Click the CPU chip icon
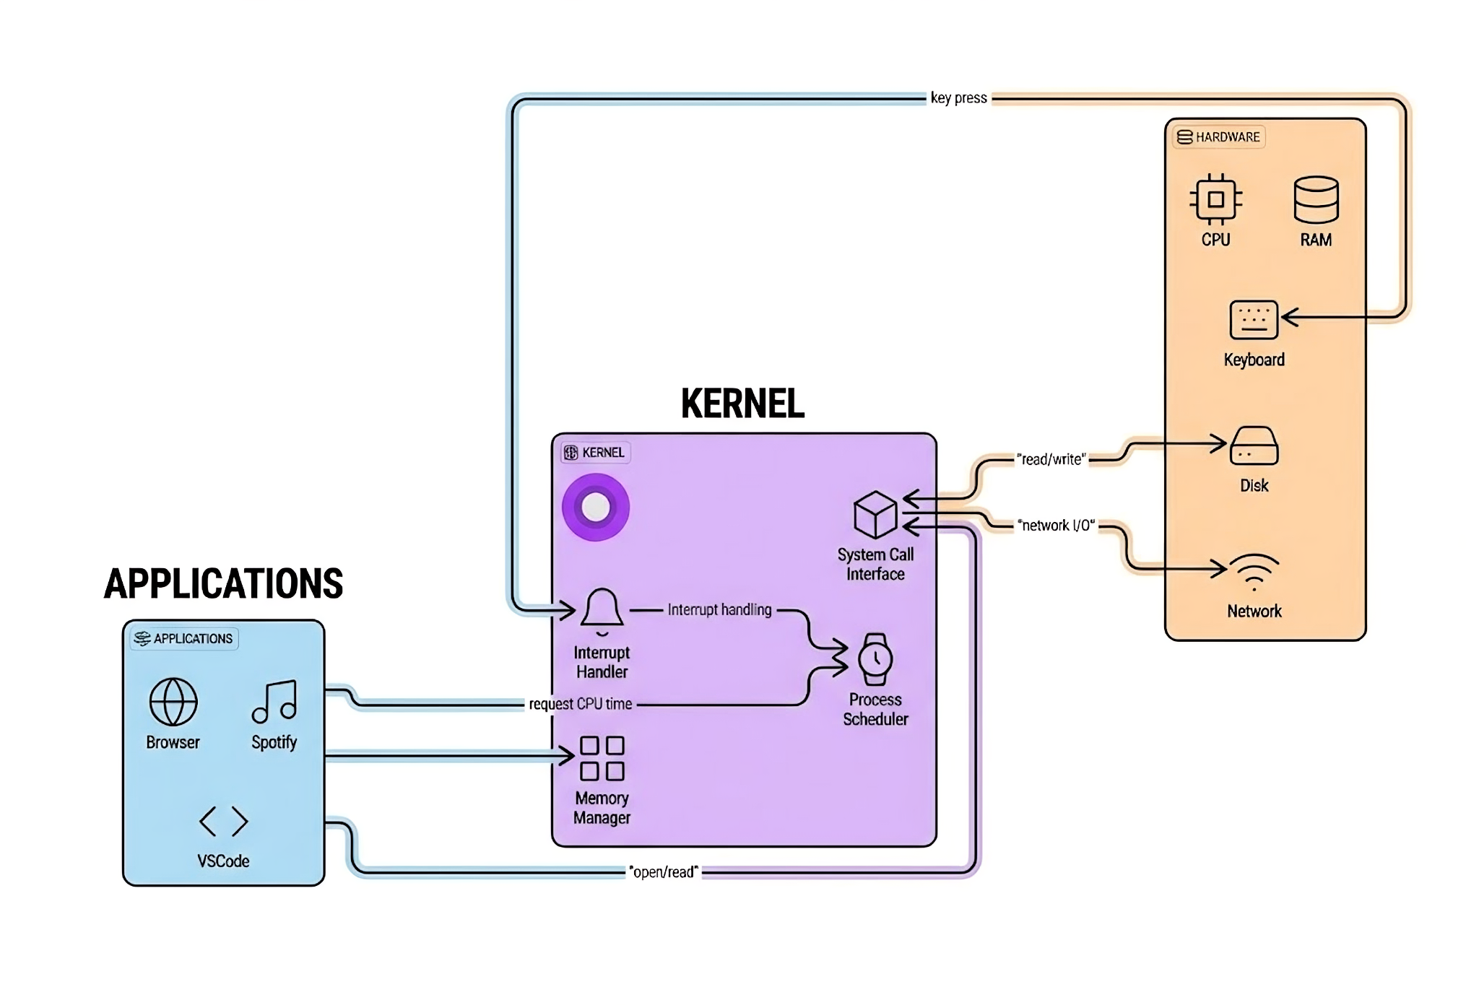1215,199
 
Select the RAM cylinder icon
1316,199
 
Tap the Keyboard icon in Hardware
1254,320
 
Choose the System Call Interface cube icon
875,515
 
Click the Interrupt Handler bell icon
602,610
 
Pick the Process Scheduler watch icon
875,659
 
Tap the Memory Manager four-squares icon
602,758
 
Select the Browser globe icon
173,701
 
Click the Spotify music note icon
274,701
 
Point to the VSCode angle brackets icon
224,821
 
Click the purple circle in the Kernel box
596,507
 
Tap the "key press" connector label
958,98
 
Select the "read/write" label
1051,459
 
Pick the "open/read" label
664,872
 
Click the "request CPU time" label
580,704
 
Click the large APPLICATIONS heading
223,583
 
